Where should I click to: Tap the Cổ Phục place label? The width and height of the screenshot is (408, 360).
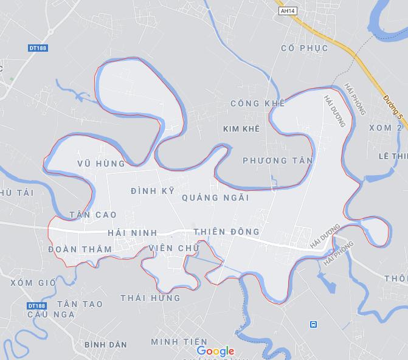pos(305,48)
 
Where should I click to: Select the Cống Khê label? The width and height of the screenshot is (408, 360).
pos(258,104)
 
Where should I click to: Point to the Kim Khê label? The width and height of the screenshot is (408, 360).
pos(241,129)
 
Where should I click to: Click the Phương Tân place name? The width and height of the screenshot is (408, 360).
pos(277,161)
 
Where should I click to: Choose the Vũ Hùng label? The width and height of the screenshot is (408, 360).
pos(102,164)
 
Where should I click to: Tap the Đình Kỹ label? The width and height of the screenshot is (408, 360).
pos(153,191)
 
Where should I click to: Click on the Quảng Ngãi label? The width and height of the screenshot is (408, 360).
pos(215,198)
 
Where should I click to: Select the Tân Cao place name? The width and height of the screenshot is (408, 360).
pos(93,215)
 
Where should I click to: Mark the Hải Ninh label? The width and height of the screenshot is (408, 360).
pos(132,233)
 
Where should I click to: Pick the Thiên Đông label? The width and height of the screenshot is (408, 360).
pos(226,232)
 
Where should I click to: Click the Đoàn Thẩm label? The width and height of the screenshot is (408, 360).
pos(80,249)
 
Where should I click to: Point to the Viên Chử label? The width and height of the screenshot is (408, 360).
pos(173,248)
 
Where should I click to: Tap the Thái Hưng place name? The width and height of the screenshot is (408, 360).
pos(150,298)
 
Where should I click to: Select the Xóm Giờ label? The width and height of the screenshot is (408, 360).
pos(33,283)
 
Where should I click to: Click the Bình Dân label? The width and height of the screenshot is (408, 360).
pos(106,344)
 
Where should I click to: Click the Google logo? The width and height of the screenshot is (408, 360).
pos(215,351)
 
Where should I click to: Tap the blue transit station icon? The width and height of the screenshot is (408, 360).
pos(313,325)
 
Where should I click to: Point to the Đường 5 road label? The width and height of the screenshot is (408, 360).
pos(393,106)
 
